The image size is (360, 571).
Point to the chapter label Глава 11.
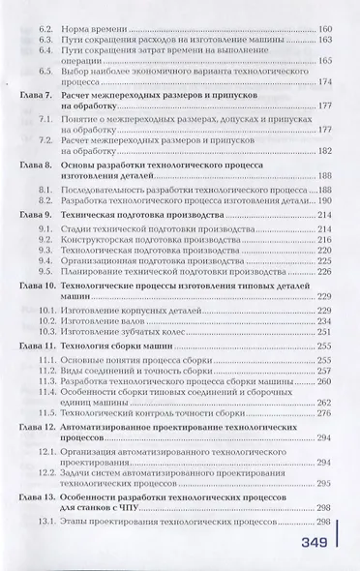pos(40,344)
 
